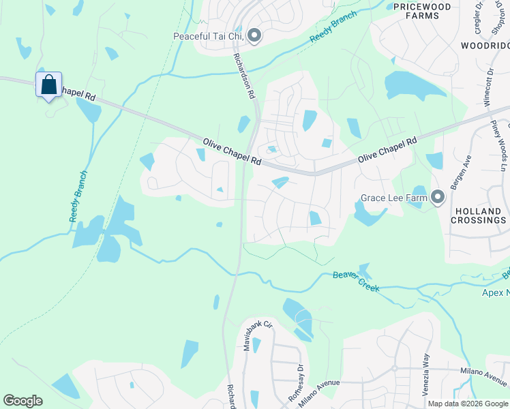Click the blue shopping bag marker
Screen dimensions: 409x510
point(48,85)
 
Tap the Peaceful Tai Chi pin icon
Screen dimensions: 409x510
point(254,35)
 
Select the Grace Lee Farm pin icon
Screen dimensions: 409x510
point(437,198)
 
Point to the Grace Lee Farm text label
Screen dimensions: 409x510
point(394,199)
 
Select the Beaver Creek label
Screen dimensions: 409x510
point(355,280)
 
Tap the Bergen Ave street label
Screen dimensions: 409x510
point(467,173)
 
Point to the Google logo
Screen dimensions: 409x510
point(22,401)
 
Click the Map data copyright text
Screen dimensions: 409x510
point(467,404)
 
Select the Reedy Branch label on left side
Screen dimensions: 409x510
point(78,196)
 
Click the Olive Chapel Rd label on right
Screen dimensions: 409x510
point(387,150)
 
